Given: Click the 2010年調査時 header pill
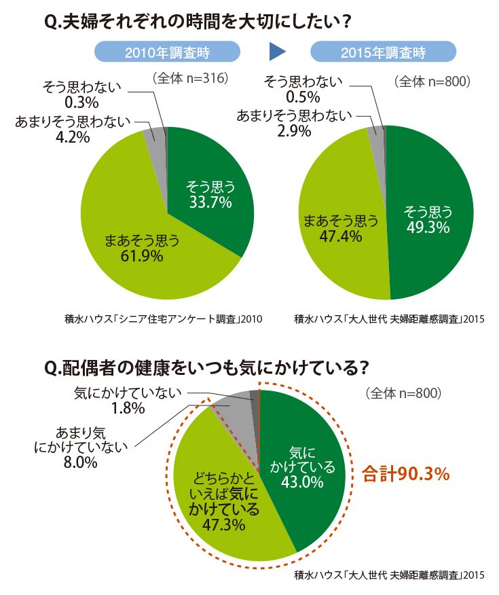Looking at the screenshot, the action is click(167, 52).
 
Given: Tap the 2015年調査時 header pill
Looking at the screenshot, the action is click(383, 52).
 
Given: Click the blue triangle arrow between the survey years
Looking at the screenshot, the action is click(277, 52).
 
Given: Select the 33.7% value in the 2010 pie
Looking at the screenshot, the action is click(210, 202).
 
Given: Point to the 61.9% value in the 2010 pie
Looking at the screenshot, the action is click(142, 256).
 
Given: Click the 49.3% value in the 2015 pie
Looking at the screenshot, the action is click(428, 228).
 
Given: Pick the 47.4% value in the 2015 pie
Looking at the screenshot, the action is click(341, 236).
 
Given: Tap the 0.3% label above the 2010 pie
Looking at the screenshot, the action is click(82, 103).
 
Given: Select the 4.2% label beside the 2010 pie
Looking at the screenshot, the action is click(73, 137).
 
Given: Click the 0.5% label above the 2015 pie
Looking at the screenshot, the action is click(303, 96).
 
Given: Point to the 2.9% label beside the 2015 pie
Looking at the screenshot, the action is click(294, 131).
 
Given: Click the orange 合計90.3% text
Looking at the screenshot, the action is click(406, 474).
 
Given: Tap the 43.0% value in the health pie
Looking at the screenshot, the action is click(302, 482).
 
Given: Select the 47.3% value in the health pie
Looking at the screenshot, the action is click(224, 525).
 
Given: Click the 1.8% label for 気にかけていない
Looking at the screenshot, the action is click(128, 408).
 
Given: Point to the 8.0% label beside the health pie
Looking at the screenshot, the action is click(81, 463).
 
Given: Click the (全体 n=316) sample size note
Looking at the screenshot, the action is click(190, 78).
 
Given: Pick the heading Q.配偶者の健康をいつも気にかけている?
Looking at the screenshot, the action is click(206, 367).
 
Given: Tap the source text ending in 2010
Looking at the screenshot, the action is click(164, 319).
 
